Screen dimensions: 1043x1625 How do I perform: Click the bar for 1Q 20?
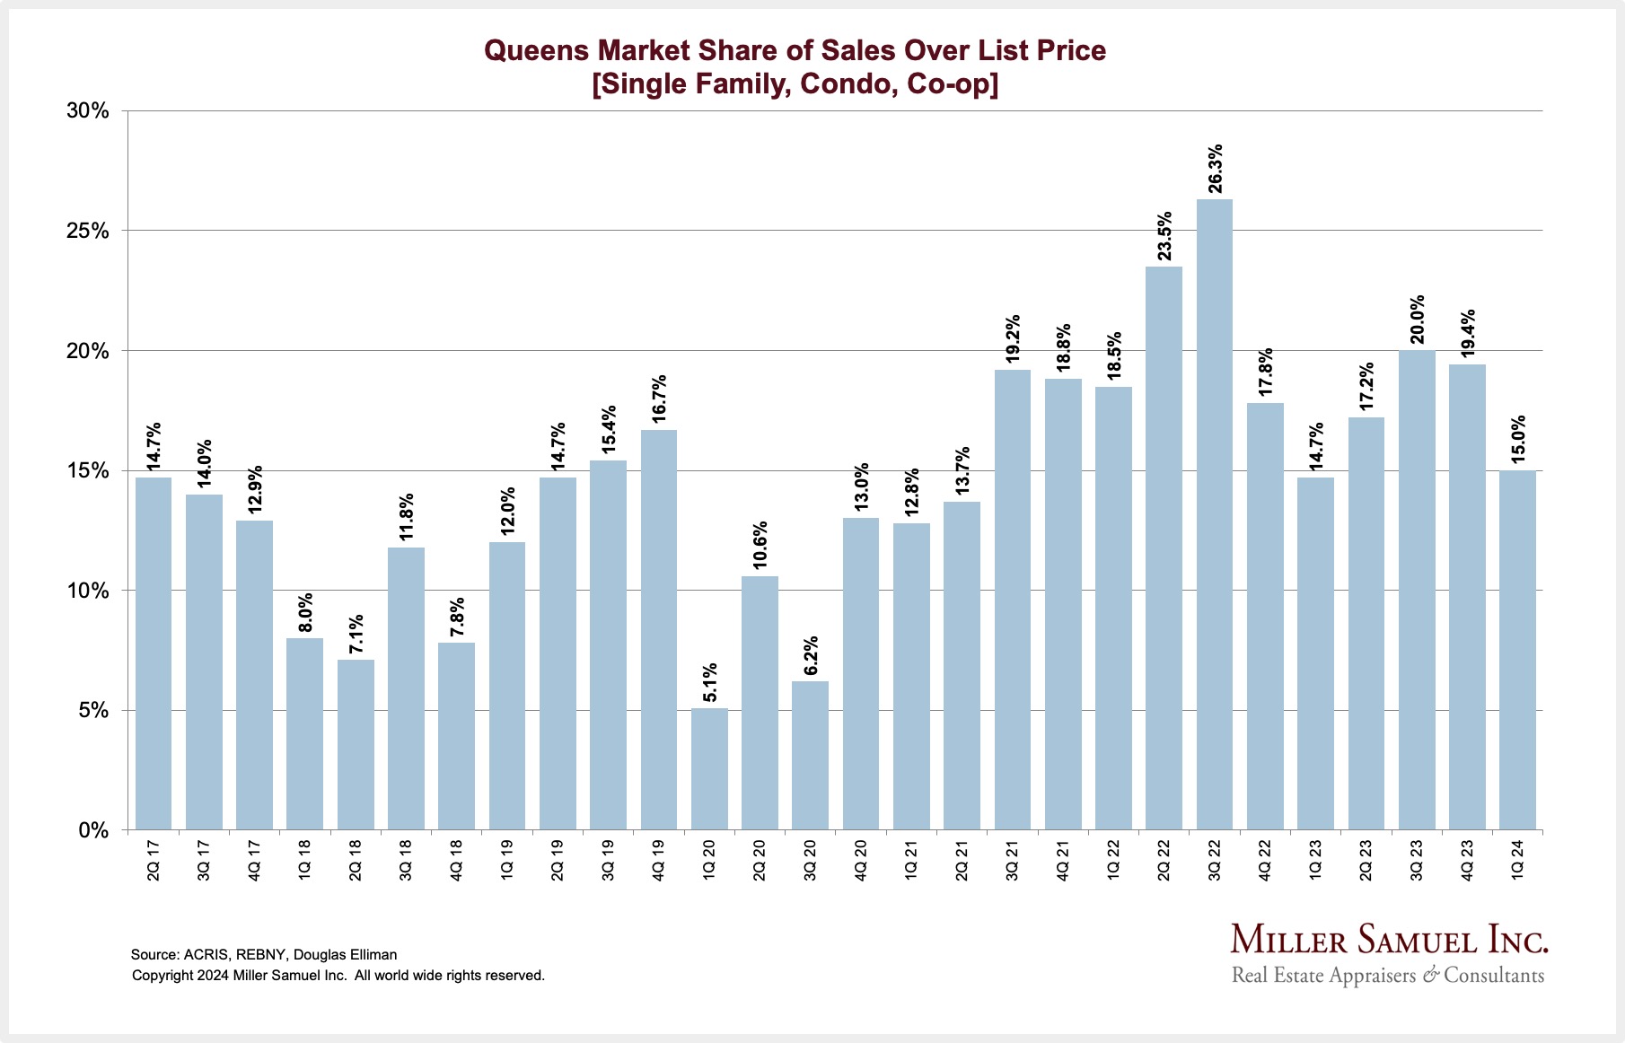(x=709, y=769)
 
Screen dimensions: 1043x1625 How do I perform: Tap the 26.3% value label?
(x=1215, y=169)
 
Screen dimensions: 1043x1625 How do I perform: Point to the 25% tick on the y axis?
(x=88, y=232)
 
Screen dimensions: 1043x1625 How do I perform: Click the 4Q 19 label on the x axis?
(x=659, y=860)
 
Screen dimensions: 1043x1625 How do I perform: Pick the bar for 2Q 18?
(x=356, y=745)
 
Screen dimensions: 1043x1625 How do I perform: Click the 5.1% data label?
(x=710, y=683)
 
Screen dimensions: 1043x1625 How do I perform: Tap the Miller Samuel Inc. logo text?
(x=1389, y=939)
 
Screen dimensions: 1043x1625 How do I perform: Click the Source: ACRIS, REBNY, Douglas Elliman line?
(x=264, y=955)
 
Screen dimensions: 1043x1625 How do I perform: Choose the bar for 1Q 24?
(x=1517, y=651)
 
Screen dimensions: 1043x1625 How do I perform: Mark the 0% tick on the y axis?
(x=93, y=831)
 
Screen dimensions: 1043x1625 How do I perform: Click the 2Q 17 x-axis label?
(x=154, y=860)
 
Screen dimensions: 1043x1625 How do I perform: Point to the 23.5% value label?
(x=1164, y=236)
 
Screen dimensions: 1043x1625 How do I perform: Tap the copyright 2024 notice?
(x=338, y=976)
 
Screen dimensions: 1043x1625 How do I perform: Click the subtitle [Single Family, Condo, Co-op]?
(x=795, y=84)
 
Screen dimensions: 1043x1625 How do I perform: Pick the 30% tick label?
(x=88, y=111)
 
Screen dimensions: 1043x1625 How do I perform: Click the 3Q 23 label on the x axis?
(x=1417, y=860)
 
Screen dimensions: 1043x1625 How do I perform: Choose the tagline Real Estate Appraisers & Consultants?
(x=1388, y=976)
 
